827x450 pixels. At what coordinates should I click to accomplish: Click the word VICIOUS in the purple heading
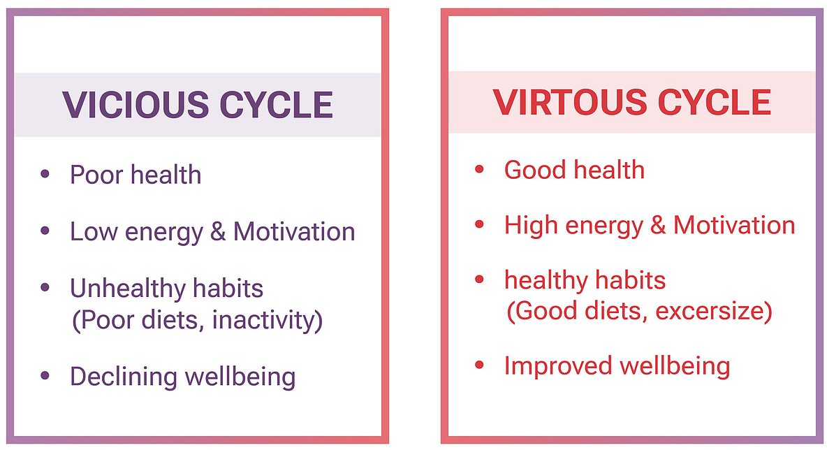[x=136, y=104]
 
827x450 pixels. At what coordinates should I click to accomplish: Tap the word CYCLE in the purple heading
[x=276, y=104]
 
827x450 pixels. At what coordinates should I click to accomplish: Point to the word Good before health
[x=534, y=170]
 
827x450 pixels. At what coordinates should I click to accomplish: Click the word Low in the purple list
[x=94, y=231]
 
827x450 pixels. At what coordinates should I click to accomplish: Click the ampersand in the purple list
[x=218, y=232]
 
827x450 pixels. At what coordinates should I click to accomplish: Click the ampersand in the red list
[x=658, y=225]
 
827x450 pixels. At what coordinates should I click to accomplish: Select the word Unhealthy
[x=127, y=288]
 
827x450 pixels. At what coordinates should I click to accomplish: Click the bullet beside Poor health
[x=45, y=173]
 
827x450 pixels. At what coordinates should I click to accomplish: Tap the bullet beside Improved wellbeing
[x=479, y=365]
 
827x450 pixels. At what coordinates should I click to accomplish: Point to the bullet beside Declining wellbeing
[x=45, y=375]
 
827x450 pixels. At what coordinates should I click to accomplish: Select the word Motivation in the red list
[x=734, y=225]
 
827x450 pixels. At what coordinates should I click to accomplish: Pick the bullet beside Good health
[x=479, y=169]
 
